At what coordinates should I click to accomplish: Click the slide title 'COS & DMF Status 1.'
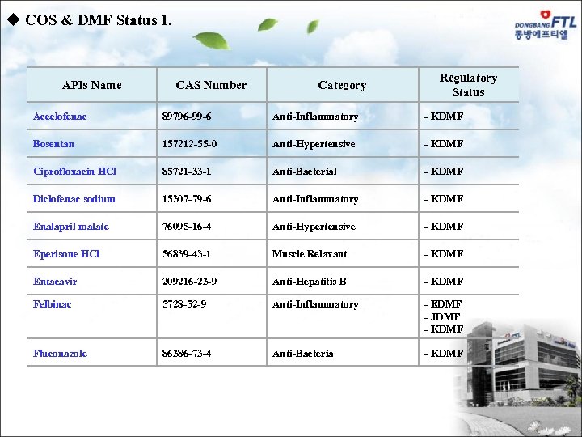(x=98, y=20)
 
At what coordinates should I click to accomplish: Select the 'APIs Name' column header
(x=92, y=85)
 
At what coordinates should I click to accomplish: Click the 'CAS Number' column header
(x=211, y=85)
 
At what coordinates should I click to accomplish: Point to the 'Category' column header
(x=342, y=85)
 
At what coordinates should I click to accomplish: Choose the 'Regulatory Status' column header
(x=468, y=85)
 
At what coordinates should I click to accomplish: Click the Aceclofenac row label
(x=60, y=117)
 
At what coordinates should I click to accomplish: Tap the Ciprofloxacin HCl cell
(x=74, y=172)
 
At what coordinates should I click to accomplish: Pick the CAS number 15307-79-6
(x=187, y=199)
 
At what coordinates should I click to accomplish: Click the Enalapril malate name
(x=71, y=227)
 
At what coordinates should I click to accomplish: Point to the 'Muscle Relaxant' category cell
(x=310, y=254)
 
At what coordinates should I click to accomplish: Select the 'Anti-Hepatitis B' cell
(x=310, y=282)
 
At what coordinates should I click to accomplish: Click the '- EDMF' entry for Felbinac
(x=444, y=304)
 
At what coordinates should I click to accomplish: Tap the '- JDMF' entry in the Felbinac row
(x=444, y=317)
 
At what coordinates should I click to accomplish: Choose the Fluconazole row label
(x=60, y=354)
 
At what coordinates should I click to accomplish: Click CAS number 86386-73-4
(x=187, y=354)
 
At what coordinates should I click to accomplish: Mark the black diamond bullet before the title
(x=12, y=20)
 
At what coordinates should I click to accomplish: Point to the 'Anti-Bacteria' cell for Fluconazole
(x=303, y=354)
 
